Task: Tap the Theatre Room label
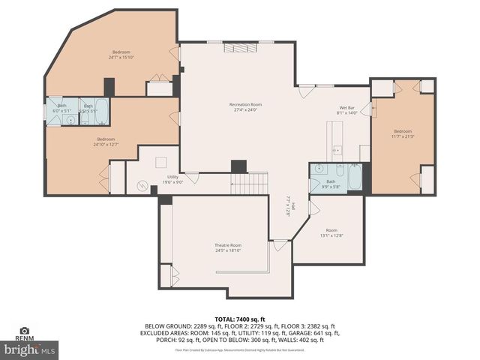point(228,248)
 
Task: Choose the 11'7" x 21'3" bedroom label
point(403,133)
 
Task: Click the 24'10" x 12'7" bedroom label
point(106,142)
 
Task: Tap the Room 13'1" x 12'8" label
point(331,232)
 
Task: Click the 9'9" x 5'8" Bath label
point(331,184)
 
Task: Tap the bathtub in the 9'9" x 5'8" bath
point(355,178)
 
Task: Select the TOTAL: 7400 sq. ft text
point(240,319)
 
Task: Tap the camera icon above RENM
point(24,330)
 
